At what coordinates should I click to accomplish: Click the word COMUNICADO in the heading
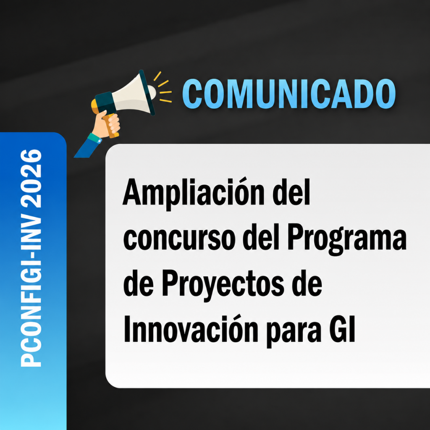[x=289, y=94]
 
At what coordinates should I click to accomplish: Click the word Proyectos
[x=223, y=285]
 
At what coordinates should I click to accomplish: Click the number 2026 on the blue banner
[x=31, y=178]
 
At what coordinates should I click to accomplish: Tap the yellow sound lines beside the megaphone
[x=163, y=87]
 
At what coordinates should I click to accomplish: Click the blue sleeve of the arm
[x=86, y=148]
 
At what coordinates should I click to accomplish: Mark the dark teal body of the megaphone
[x=105, y=103]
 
